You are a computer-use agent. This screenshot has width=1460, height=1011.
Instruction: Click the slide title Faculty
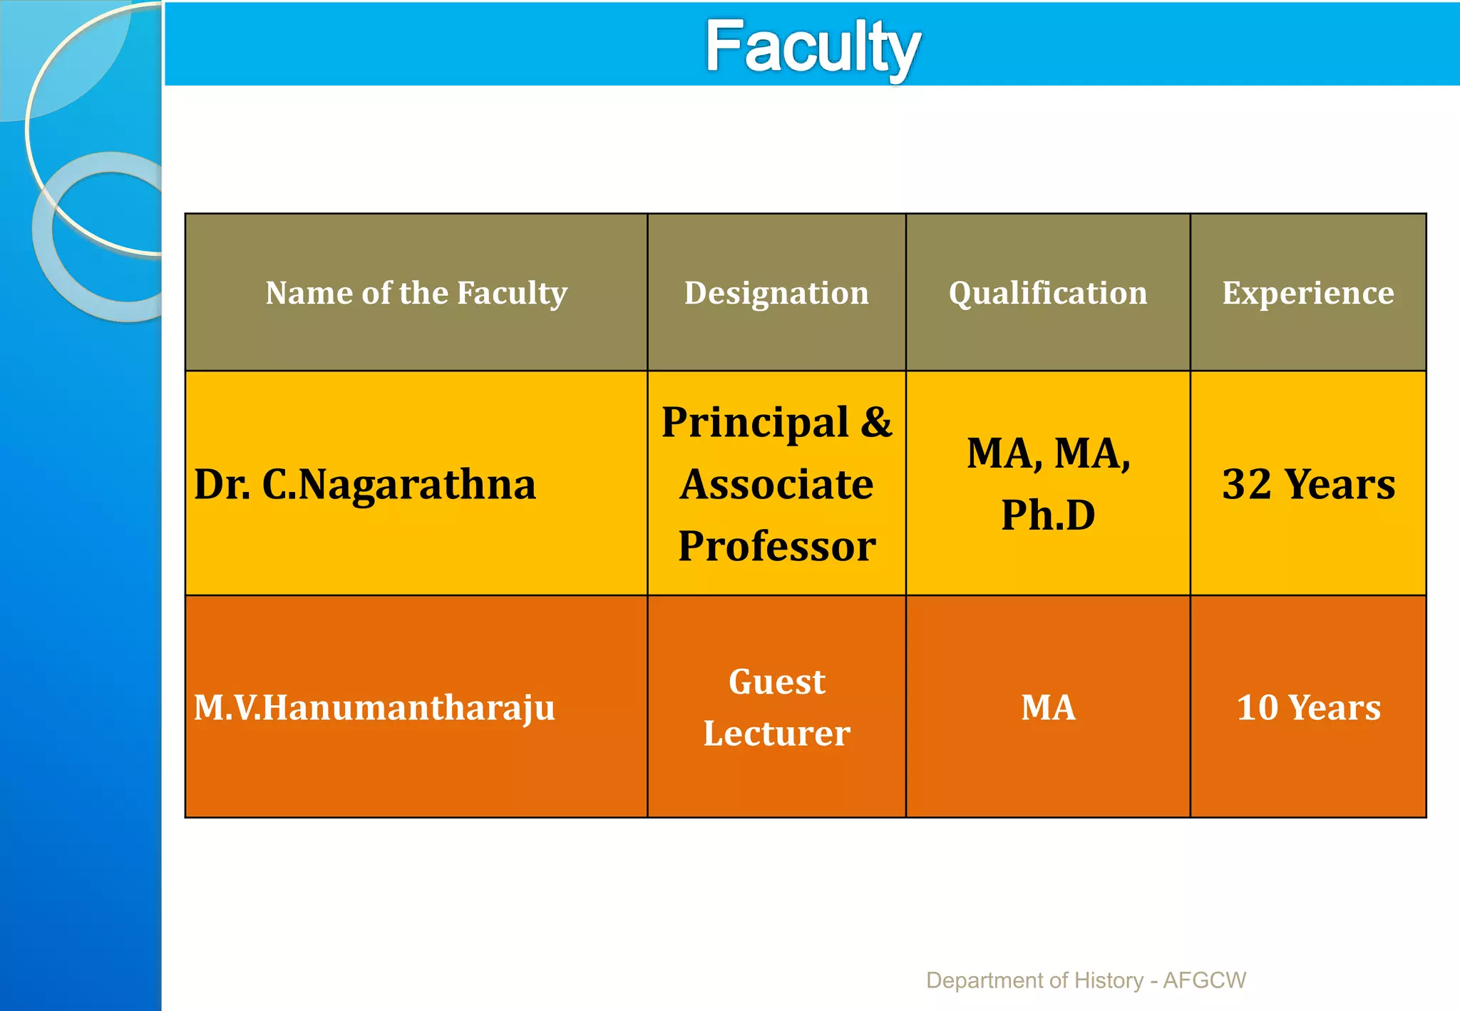coord(812,47)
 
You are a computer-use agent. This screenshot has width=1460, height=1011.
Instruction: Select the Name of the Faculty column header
coord(416,293)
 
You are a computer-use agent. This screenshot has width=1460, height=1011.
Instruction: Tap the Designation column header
coord(776,293)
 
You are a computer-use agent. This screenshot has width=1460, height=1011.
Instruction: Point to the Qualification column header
coord(1048,293)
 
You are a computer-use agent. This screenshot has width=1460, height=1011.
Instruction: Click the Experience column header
coord(1308,293)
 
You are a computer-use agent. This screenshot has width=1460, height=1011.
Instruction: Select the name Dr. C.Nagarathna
coord(364,484)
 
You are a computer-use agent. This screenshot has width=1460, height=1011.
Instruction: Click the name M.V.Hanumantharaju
coord(374,707)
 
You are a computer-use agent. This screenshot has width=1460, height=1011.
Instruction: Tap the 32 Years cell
coord(1308,484)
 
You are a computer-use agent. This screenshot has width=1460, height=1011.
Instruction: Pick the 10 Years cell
coord(1308,707)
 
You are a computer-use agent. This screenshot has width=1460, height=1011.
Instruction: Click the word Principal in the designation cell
coord(755,423)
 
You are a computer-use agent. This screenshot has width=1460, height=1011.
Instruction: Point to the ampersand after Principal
coord(876,421)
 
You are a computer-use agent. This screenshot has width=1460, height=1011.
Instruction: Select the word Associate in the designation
coord(776,484)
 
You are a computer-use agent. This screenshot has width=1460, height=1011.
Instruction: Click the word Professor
coord(776,546)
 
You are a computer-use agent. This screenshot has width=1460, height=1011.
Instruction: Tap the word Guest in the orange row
coord(776,682)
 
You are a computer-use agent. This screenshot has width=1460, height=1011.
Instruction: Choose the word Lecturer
coord(776,734)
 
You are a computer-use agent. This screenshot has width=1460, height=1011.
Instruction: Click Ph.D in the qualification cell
coord(1048,515)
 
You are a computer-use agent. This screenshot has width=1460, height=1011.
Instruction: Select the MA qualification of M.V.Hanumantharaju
coord(1048,707)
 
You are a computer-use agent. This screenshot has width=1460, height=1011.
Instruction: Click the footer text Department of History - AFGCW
coord(1086,980)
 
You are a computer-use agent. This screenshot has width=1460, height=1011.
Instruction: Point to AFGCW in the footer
coord(1204,980)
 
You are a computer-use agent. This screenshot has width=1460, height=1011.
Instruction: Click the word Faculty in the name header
coord(511,293)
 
